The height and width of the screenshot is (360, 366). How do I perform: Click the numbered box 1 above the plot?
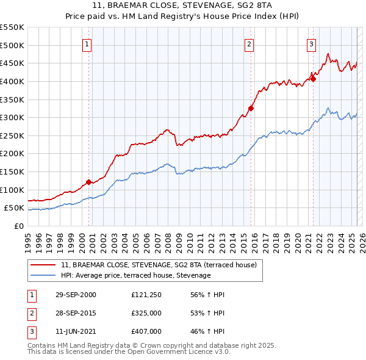click(x=87, y=44)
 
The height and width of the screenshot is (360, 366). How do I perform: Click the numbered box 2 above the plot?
click(x=249, y=44)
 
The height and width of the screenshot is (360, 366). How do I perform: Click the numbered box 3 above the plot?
click(x=311, y=44)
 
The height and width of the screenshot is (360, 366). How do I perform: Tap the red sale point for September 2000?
click(x=88, y=182)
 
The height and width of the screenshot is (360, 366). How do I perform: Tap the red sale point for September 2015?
click(x=251, y=108)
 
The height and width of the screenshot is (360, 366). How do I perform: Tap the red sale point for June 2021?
click(x=313, y=78)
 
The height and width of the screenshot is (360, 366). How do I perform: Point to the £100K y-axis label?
click(x=13, y=190)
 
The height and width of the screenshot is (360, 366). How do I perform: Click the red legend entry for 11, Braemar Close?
click(x=162, y=265)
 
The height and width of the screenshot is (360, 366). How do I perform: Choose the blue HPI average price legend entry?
click(x=135, y=275)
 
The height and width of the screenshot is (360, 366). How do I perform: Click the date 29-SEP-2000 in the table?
click(x=76, y=295)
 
